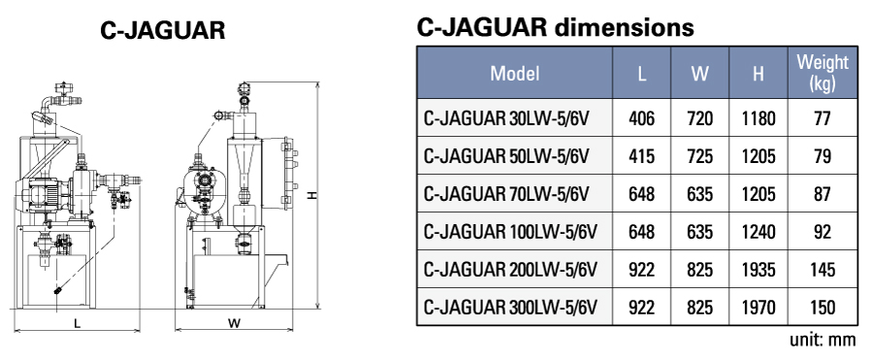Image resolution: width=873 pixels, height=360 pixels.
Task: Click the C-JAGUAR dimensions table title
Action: [x=555, y=27]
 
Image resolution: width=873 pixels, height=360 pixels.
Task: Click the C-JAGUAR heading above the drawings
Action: [x=164, y=31]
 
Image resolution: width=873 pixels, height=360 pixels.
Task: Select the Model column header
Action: [x=514, y=73]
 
